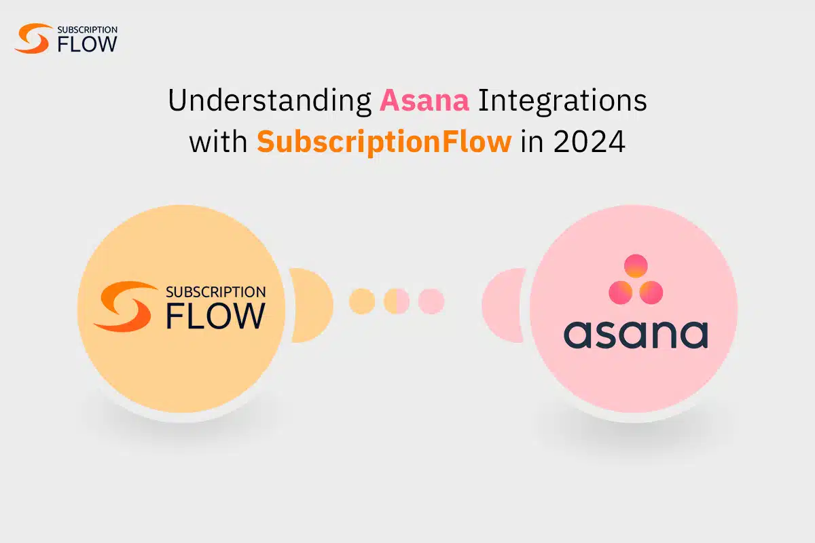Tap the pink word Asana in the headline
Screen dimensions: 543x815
pos(424,101)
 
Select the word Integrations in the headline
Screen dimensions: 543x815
pos(563,101)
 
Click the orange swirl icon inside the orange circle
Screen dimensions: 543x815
pos(125,306)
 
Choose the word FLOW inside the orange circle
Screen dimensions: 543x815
pos(215,316)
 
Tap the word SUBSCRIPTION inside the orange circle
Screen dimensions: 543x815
pos(215,293)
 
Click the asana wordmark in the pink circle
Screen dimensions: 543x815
pos(636,335)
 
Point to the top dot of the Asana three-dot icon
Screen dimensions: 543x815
pos(636,265)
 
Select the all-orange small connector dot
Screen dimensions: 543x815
pos(362,301)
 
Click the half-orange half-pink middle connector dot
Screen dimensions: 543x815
pos(397,301)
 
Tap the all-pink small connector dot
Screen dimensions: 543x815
pos(431,301)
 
